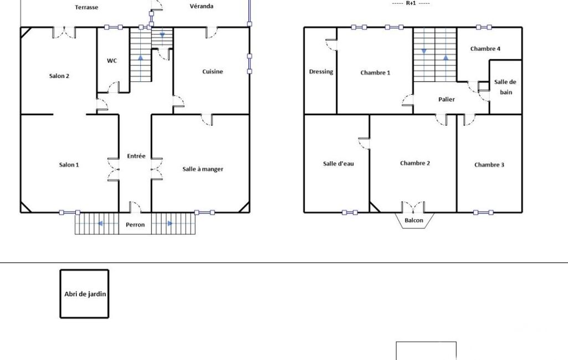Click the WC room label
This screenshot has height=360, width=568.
pyautogui.click(x=112, y=61)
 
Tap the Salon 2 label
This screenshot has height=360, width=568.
pyautogui.click(x=59, y=76)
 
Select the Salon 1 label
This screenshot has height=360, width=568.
pyautogui.click(x=69, y=165)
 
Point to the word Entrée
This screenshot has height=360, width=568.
pyautogui.click(x=136, y=156)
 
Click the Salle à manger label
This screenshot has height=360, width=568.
pyautogui.click(x=203, y=169)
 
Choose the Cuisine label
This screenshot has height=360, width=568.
pyautogui.click(x=213, y=71)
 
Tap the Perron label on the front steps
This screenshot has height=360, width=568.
pyautogui.click(x=135, y=224)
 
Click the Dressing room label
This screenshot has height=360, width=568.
pyautogui.click(x=321, y=71)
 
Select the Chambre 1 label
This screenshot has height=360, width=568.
pyautogui.click(x=375, y=73)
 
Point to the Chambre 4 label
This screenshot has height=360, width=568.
pyautogui.click(x=485, y=49)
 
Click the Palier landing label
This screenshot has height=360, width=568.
pyautogui.click(x=446, y=99)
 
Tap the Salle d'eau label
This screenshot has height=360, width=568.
pyautogui.click(x=339, y=164)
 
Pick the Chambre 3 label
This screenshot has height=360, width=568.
pyautogui.click(x=489, y=165)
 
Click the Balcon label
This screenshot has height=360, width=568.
pyautogui.click(x=414, y=220)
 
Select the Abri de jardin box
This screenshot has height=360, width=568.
pyautogui.click(x=84, y=294)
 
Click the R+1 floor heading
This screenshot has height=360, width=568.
pyautogui.click(x=411, y=3)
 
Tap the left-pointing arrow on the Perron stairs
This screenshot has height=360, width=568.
pyautogui.click(x=100, y=223)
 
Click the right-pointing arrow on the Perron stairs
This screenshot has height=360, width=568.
pyautogui.click(x=170, y=223)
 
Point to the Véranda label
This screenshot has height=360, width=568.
pyautogui.click(x=201, y=6)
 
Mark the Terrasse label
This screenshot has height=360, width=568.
pyautogui.click(x=86, y=7)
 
